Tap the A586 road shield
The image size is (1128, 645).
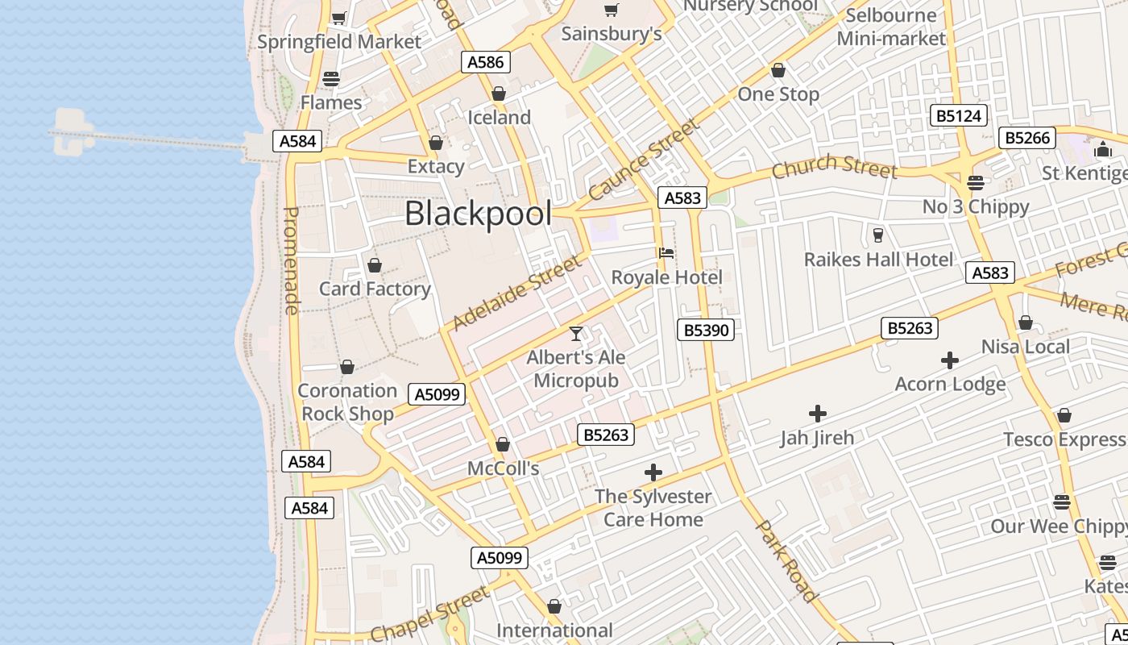click(485, 62)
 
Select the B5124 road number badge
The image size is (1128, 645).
click(959, 115)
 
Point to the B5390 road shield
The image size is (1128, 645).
click(706, 329)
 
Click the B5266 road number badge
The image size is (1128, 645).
click(1027, 138)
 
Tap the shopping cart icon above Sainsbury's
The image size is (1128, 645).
click(611, 10)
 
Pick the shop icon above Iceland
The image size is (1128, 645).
click(499, 94)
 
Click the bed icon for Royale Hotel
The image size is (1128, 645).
click(666, 253)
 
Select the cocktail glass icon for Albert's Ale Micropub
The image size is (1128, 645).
click(576, 333)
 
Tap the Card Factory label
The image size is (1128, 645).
click(375, 289)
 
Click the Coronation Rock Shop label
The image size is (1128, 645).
click(347, 402)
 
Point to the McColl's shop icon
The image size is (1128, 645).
click(503, 444)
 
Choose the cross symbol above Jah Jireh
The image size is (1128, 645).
click(818, 414)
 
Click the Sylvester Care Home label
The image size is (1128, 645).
click(653, 508)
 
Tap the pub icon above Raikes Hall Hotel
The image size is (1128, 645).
click(878, 235)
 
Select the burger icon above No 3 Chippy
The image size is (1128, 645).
click(976, 183)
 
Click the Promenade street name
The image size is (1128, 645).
click(292, 260)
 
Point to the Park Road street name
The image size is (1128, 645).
click(787, 561)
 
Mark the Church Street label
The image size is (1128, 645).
click(834, 168)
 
